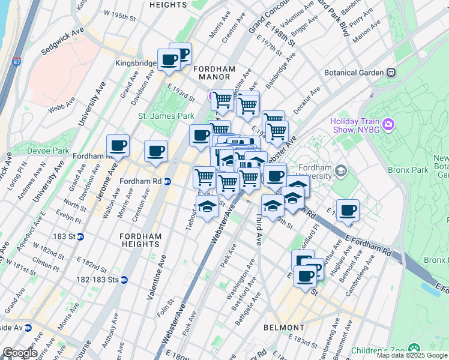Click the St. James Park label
(158, 116)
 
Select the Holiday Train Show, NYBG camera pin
(388, 125)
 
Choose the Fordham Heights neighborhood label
(140, 241)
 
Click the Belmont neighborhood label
(283, 328)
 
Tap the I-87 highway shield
(15, 61)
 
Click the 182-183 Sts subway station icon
(124, 280)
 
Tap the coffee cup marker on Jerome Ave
(118, 146)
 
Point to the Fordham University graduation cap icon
(341, 171)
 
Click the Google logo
(19, 353)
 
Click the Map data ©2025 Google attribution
(412, 355)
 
